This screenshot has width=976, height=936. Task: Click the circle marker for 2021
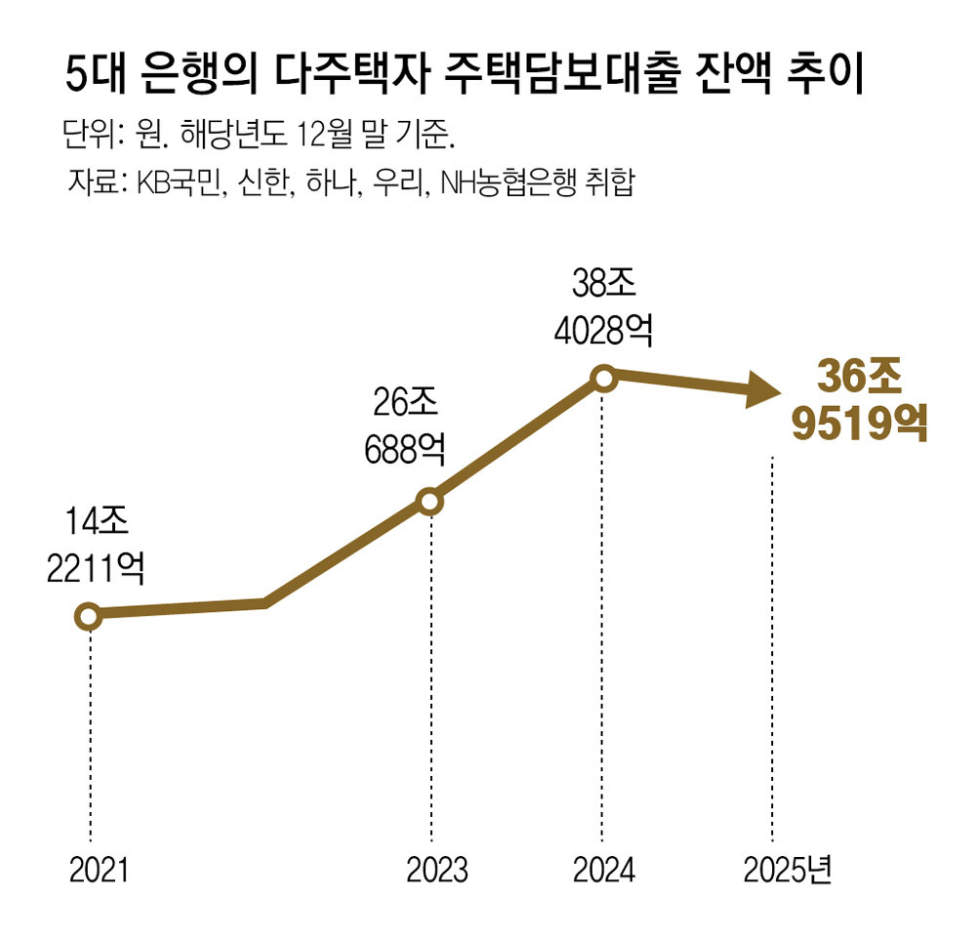(88, 616)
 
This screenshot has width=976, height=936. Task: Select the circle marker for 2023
(429, 502)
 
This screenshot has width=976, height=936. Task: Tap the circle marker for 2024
(603, 378)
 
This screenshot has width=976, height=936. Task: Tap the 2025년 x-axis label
(786, 869)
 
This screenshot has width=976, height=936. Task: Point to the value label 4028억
(602, 332)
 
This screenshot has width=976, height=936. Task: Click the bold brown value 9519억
(859, 425)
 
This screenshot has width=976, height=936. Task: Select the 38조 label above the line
(603, 285)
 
